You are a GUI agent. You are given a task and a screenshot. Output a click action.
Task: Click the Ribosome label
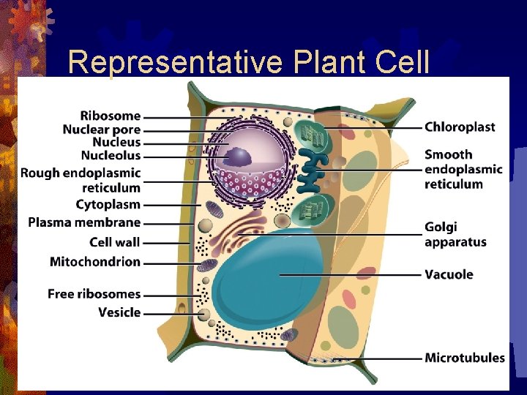point(110,116)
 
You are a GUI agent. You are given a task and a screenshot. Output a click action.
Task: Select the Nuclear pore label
point(101,129)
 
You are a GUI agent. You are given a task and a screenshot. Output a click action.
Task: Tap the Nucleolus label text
point(111,156)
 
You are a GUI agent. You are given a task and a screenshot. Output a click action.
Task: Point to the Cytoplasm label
point(108,204)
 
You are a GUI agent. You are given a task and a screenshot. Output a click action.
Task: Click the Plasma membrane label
point(84,222)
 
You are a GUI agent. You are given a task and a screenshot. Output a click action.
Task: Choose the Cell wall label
point(115,242)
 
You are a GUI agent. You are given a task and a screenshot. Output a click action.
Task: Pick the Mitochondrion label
point(95,262)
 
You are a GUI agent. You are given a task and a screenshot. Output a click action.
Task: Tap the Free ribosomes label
point(94,294)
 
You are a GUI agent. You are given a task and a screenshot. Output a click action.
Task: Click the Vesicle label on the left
point(119,312)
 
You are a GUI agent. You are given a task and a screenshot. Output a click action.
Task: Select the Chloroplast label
point(460,127)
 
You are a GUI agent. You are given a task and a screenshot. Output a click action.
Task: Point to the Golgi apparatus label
point(455,234)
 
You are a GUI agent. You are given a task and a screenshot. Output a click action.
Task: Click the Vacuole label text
point(449,274)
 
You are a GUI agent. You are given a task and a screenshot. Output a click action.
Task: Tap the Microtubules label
point(465,358)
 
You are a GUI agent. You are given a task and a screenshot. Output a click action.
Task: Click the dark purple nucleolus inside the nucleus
point(238,156)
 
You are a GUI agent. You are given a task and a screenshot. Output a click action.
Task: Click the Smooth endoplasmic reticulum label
point(463,169)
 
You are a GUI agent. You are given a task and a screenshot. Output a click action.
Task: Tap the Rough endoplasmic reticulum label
point(81,180)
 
